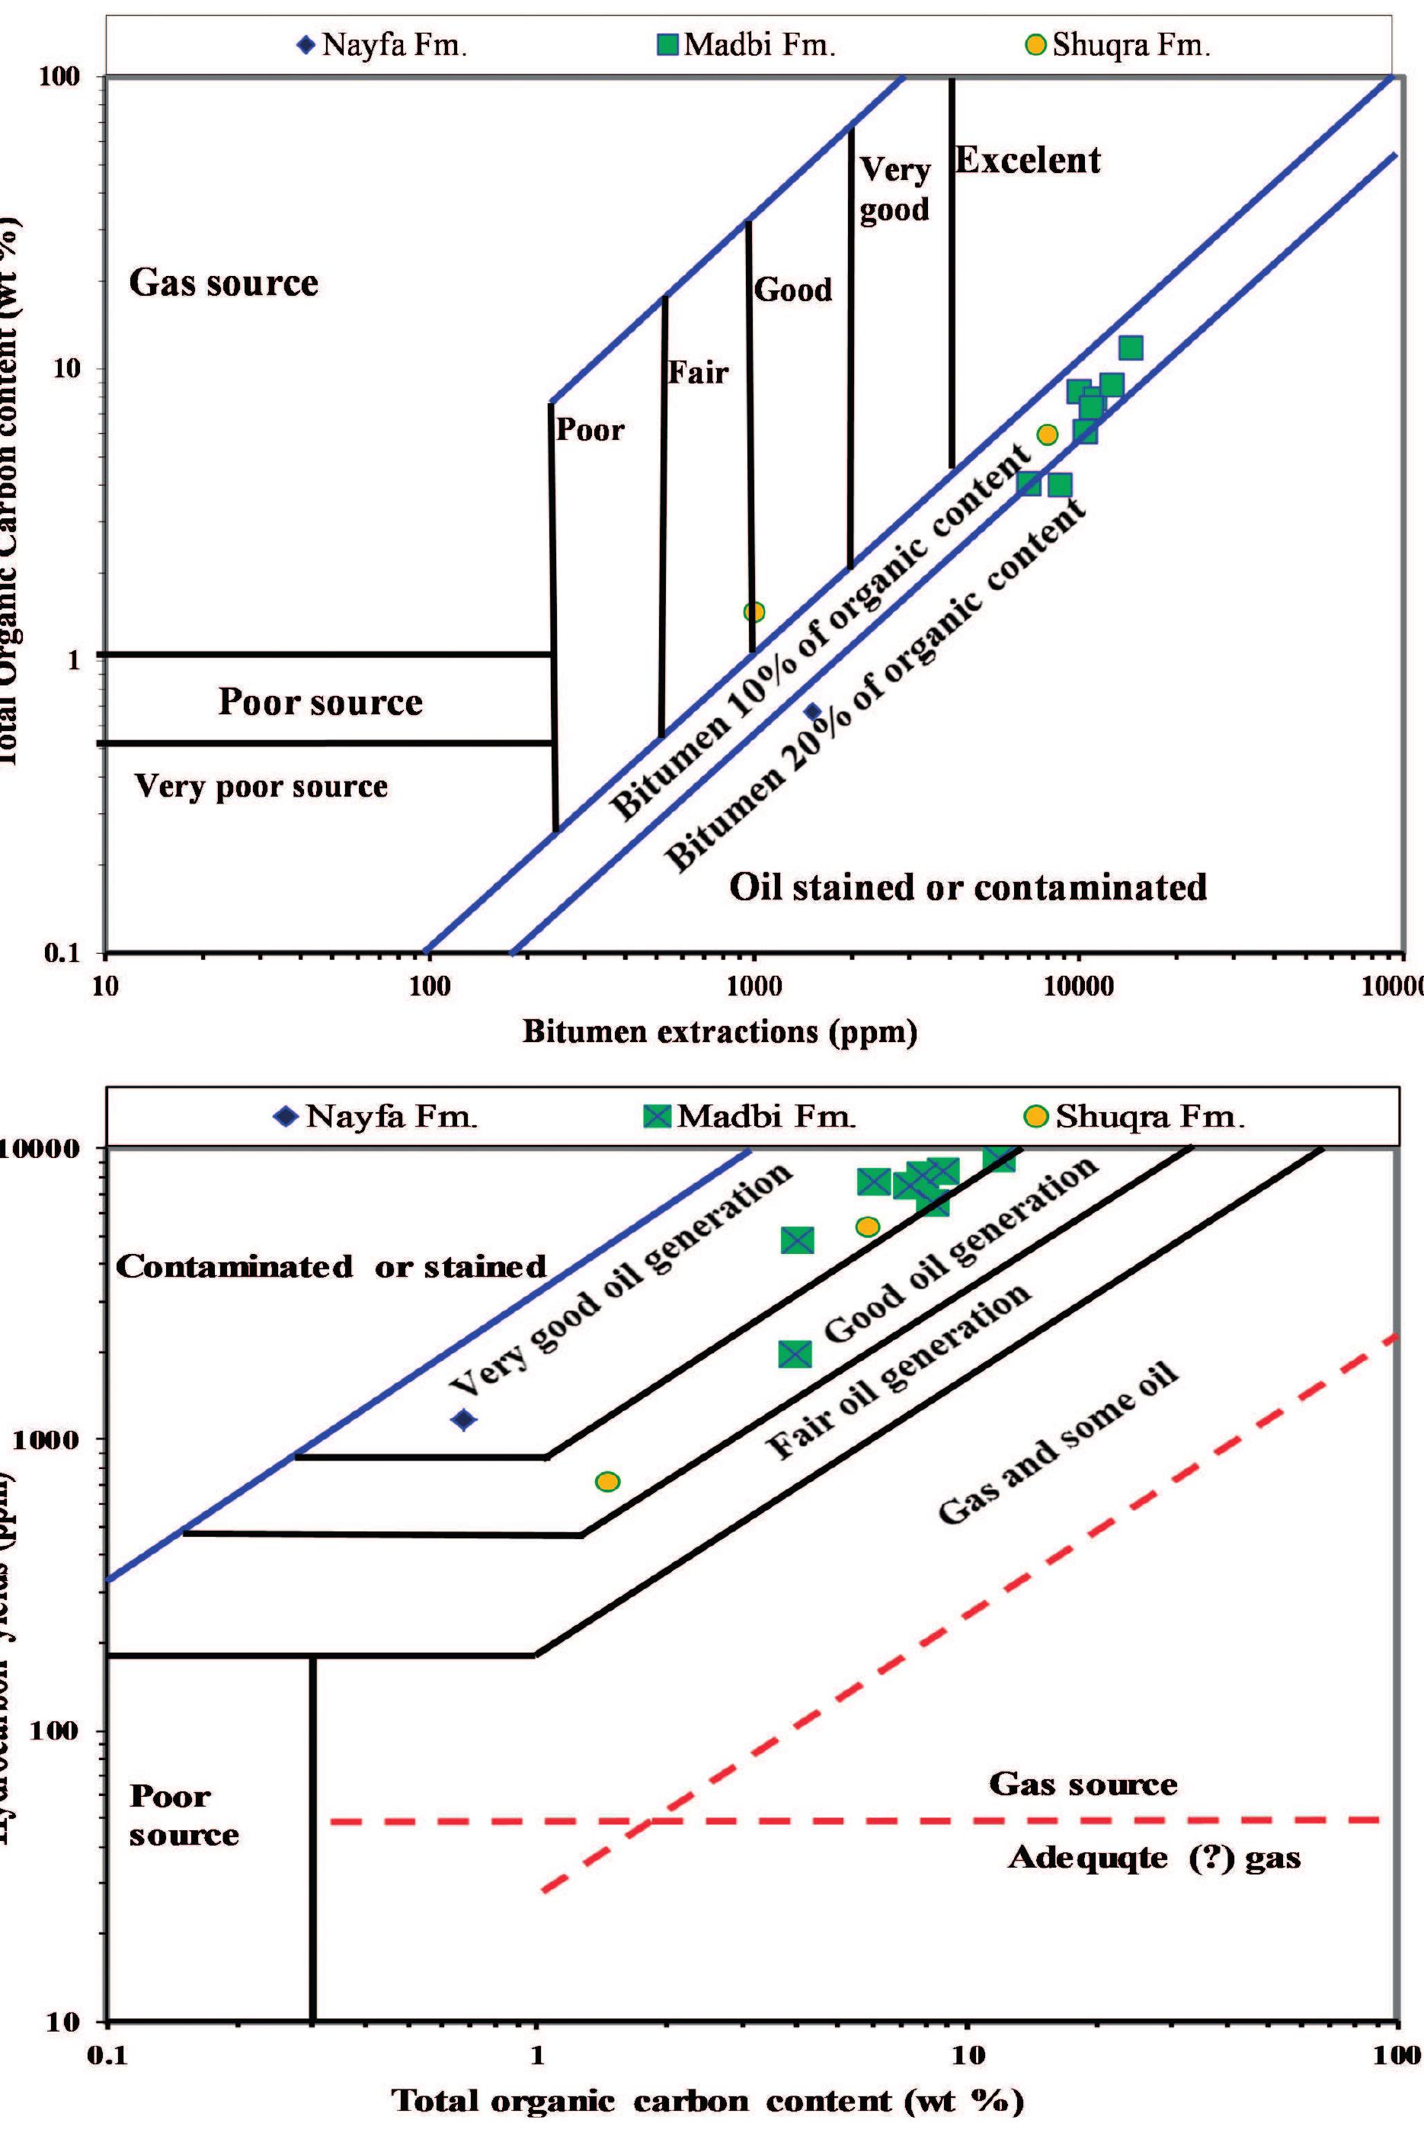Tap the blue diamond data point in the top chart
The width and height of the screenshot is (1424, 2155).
(x=813, y=711)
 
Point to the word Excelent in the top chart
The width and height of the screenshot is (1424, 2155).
(x=1027, y=161)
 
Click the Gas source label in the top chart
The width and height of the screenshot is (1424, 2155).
(x=223, y=283)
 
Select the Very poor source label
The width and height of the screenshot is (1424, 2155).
(x=261, y=786)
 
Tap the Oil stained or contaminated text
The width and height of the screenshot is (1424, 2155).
(x=968, y=887)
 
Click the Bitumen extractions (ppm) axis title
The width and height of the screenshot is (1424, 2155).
(x=719, y=1031)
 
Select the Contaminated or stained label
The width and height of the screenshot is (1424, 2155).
(x=331, y=1266)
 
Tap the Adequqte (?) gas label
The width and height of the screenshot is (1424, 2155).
(x=1154, y=1858)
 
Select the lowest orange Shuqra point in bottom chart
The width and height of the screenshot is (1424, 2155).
(x=607, y=1482)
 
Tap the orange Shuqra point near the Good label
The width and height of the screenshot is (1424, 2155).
(x=754, y=611)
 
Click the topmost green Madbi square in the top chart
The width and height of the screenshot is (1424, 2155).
(x=1131, y=348)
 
